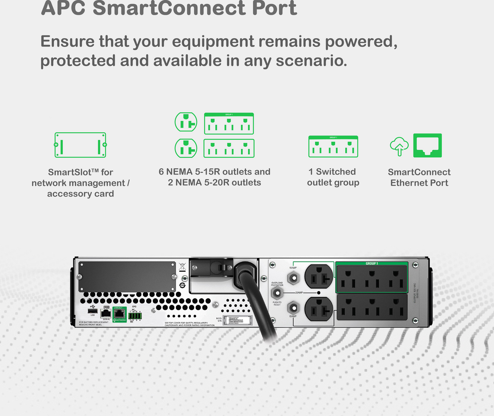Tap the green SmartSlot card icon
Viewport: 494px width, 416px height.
point(80,145)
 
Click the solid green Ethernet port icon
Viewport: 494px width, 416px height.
point(427,145)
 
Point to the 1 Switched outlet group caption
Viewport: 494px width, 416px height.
point(333,177)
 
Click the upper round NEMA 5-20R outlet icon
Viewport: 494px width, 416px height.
point(186,122)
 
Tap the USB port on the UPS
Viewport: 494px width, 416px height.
point(93,311)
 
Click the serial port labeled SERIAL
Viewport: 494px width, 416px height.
point(106,313)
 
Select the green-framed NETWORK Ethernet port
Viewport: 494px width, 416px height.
point(119,314)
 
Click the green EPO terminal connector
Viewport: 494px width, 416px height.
point(135,316)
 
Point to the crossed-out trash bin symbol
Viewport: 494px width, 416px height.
point(182,266)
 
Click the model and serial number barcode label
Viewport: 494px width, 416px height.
point(237,320)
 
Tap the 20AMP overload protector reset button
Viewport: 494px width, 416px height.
point(277,293)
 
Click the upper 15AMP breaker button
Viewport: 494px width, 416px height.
point(293,278)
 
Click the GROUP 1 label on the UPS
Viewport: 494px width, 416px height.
point(371,263)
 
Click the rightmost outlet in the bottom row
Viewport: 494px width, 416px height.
point(396,307)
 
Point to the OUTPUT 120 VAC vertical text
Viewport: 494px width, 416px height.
point(416,292)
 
